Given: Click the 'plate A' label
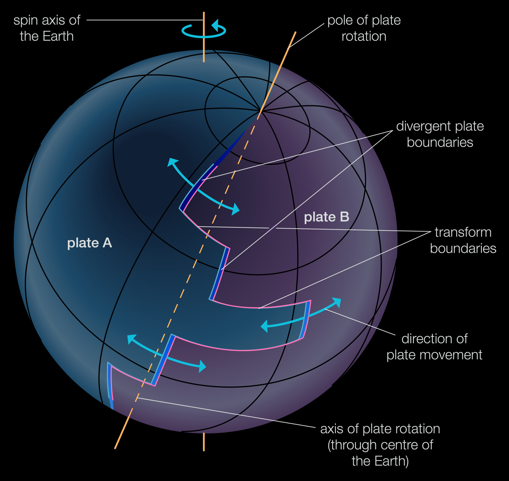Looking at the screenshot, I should coord(89,243).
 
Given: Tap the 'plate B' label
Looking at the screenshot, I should coord(326,217).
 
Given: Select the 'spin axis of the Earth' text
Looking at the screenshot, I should coord(47,28).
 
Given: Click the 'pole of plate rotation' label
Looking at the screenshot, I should coord(364,28).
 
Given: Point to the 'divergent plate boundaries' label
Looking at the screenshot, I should coord(440,134).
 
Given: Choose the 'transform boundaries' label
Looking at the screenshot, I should coord(463,240).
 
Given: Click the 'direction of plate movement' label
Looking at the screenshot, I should coord(434,347).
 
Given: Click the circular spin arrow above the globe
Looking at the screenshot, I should coord(204,31).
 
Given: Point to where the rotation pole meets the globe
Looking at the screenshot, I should coord(260,111).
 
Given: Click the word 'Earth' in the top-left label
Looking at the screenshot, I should coord(59,37).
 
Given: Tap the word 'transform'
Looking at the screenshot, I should coord(463,232).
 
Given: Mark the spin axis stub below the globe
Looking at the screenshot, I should coord(204,442).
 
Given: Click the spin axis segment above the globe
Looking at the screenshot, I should coord(204,48).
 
